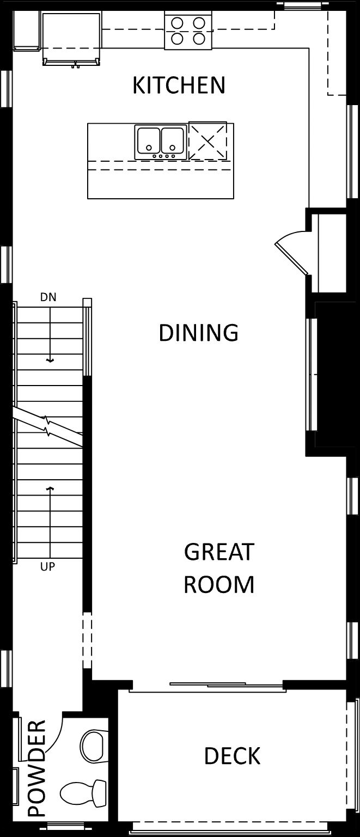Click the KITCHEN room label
pos(179,85)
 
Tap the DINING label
pos(198,333)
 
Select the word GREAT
pos(219,552)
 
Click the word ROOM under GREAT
pos(219,584)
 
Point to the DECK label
pos(232,756)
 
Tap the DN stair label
pos(48,297)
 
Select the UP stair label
pos(47,566)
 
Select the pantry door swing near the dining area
pos(291,251)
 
